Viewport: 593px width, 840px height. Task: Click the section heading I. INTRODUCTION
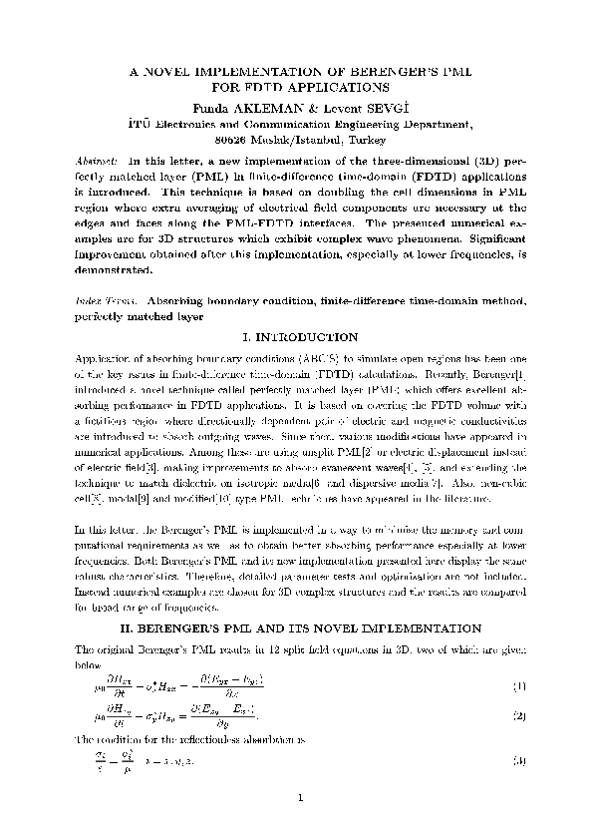pos(296,338)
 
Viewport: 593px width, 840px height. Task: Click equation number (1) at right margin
pos(518,686)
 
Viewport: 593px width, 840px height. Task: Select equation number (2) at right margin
pos(518,716)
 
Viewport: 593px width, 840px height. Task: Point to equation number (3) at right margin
pos(518,761)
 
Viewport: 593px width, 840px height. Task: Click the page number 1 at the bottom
pos(297,796)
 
